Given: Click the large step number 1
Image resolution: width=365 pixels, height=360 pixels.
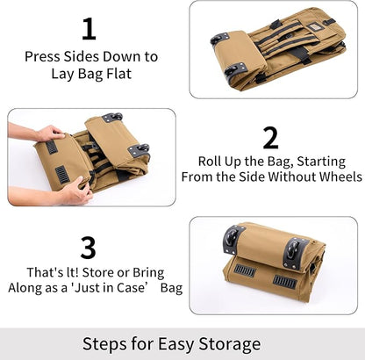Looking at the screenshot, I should [89, 28].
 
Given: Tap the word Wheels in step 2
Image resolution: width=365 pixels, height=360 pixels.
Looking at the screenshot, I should [338, 176].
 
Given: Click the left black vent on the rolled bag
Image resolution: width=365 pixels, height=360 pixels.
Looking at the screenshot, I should [245, 270].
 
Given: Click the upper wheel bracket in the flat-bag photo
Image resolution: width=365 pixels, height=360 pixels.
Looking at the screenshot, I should [219, 39].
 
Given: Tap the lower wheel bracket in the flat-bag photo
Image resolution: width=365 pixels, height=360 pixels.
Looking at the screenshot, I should [233, 73].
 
